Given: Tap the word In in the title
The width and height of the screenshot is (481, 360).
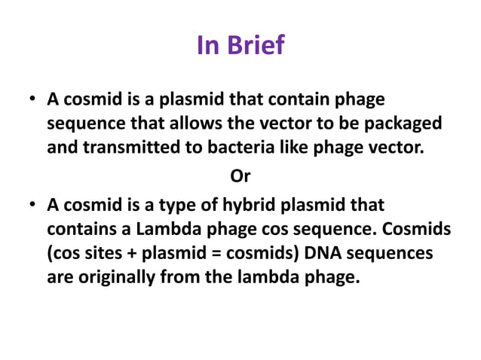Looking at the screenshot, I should (x=207, y=46).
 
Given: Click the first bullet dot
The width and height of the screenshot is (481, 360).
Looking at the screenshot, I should (x=32, y=100).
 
